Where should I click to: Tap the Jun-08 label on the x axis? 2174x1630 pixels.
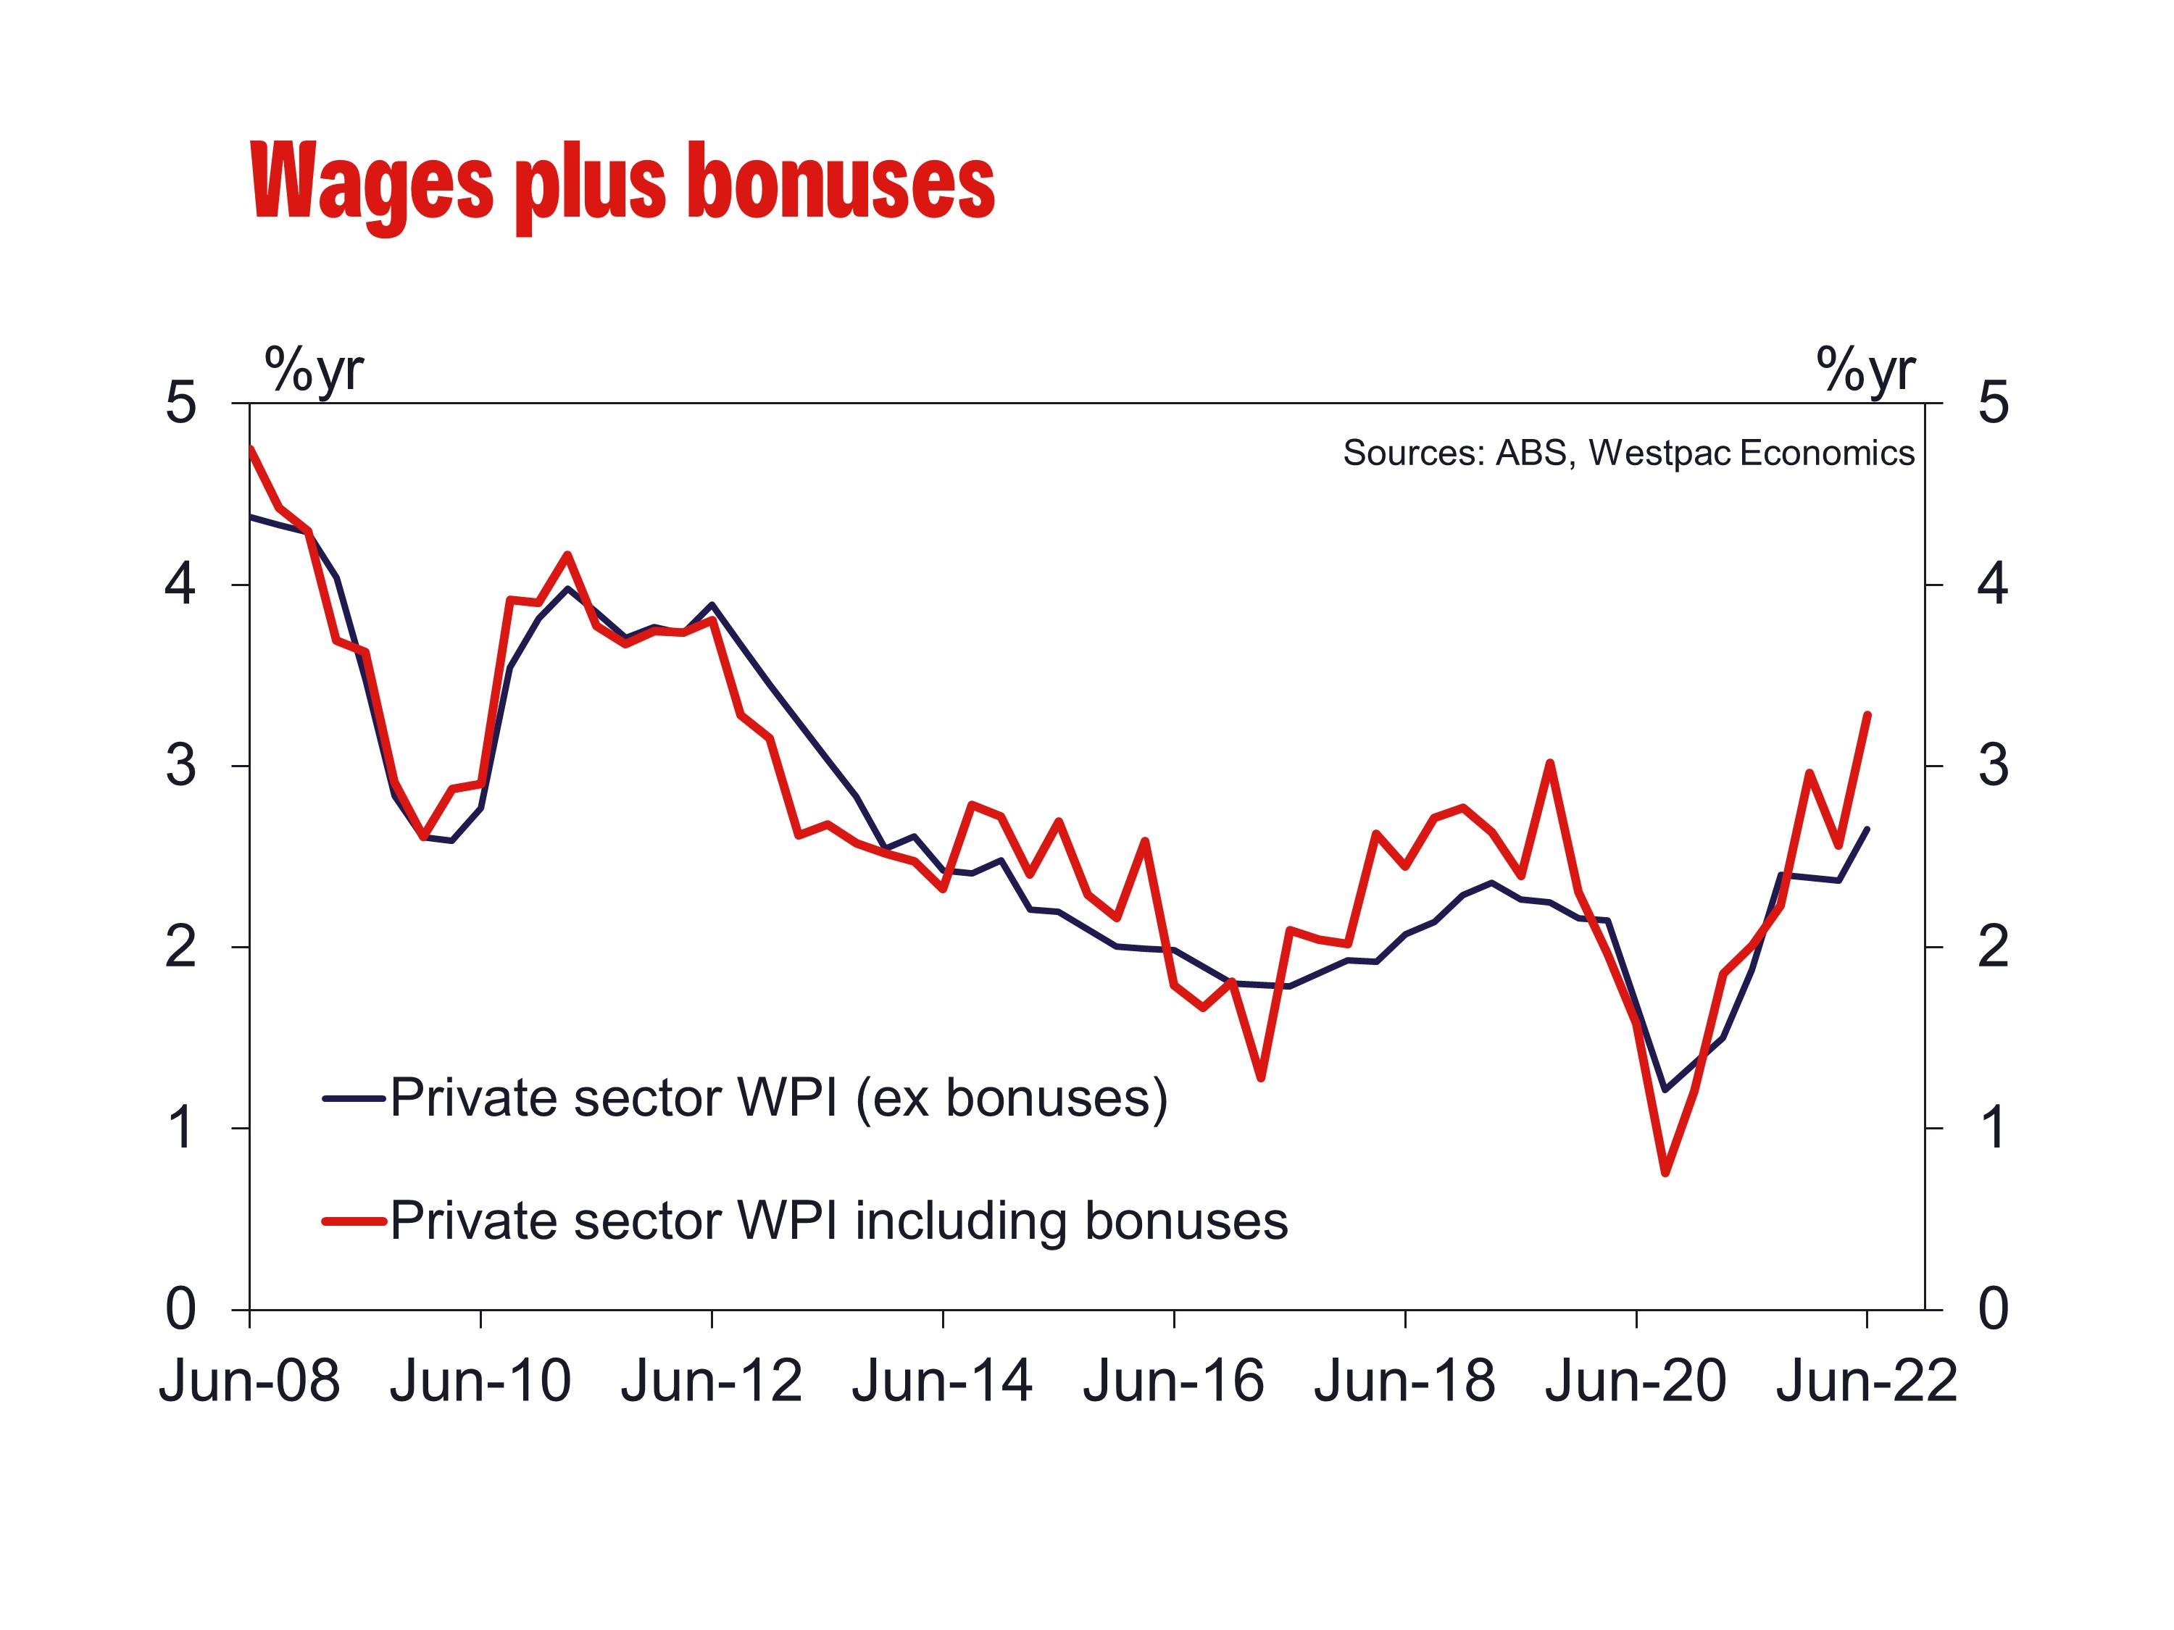click(249, 1382)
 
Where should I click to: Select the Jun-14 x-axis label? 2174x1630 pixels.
click(943, 1382)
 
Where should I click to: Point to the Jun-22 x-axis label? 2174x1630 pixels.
click(1866, 1382)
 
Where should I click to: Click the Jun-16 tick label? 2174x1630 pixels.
click(1173, 1382)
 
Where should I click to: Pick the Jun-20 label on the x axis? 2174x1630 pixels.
click(1636, 1382)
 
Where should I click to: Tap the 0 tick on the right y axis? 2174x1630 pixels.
click(1993, 1310)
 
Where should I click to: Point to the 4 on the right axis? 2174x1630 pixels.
click(1993, 585)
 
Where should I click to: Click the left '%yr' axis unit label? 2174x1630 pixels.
click(314, 370)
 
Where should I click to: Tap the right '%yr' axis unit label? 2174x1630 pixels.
click(1865, 370)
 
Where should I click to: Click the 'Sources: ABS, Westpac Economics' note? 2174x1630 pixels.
click(1628, 453)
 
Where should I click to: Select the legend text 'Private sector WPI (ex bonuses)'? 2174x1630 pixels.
click(778, 1098)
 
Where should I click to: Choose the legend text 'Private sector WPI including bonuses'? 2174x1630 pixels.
click(838, 1221)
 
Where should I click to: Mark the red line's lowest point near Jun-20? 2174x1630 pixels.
click(1665, 1173)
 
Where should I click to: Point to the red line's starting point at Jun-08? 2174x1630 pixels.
click(251, 449)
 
